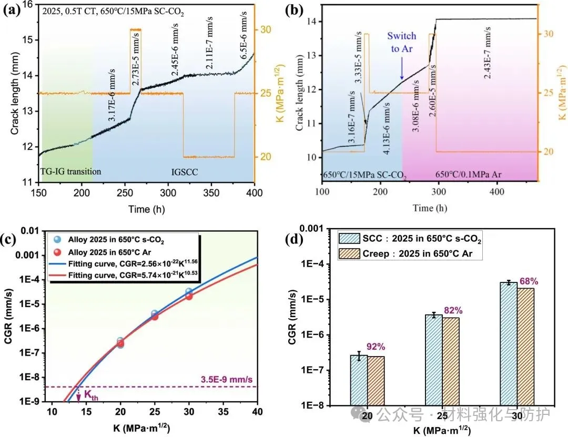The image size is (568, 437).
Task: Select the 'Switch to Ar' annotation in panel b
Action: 401,42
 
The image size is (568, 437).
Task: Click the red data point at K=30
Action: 188,297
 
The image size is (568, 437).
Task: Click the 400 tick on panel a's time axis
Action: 255,192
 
